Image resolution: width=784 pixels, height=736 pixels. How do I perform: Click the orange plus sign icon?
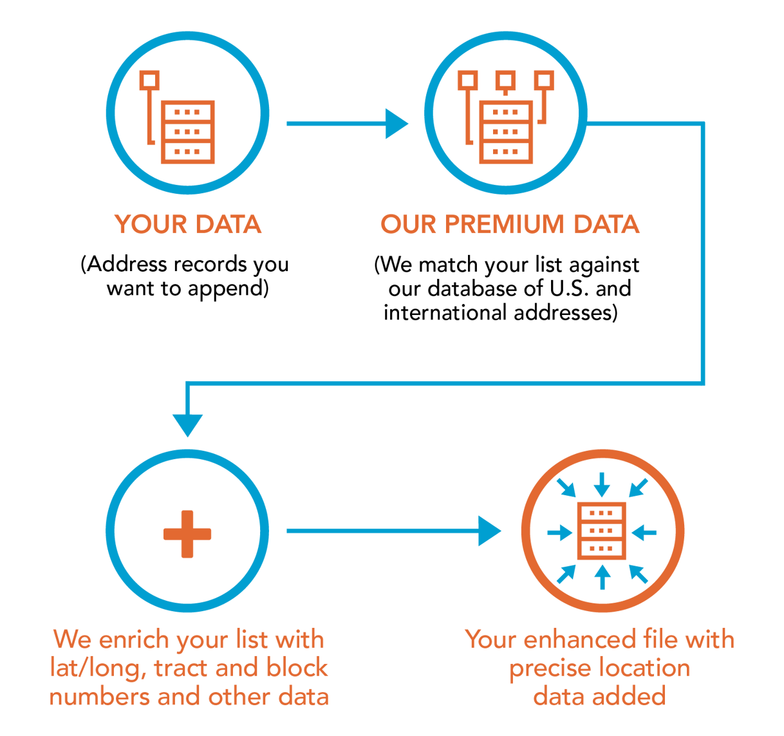pyautogui.click(x=187, y=534)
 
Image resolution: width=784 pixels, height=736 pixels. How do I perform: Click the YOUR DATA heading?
pyautogui.click(x=187, y=224)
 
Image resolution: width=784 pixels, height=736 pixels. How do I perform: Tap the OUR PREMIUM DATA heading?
pyautogui.click(x=510, y=224)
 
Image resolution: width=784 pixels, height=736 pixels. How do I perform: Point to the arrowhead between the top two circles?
pyautogui.click(x=396, y=123)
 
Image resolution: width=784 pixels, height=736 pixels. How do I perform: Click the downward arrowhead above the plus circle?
pyautogui.click(x=187, y=425)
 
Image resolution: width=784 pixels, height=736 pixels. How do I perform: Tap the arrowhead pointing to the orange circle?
pyautogui.click(x=490, y=531)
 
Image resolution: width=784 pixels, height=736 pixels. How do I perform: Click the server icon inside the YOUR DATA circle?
pyautogui.click(x=187, y=131)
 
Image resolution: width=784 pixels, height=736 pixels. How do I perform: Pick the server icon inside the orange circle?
pyautogui.click(x=602, y=531)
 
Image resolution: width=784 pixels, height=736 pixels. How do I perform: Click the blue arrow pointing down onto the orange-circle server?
pyautogui.click(x=602, y=484)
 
